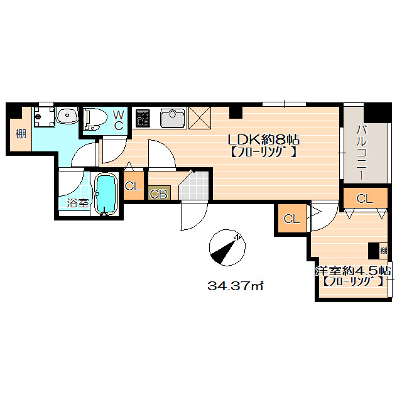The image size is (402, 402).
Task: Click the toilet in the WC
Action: tap(96, 120)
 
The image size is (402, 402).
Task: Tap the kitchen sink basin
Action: tap(173, 118)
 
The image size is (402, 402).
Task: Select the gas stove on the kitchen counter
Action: tap(143, 118)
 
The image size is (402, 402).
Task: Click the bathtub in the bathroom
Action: tap(106, 194)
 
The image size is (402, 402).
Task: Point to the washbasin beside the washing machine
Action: tap(67, 116)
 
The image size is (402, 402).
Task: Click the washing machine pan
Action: tap(45, 117)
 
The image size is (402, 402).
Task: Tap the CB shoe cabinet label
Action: tap(159, 194)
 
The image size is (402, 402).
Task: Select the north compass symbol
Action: tap(227, 247)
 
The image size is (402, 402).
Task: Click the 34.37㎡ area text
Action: tap(236, 285)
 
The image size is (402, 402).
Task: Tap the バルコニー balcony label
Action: tap(361, 152)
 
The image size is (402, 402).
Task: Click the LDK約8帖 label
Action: tap(264, 140)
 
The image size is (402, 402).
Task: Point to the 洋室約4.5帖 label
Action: tap(353, 270)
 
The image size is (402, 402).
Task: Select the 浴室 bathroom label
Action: tap(78, 203)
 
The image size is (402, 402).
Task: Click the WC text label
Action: tap(119, 120)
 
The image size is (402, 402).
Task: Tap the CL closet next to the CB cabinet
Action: tap(133, 186)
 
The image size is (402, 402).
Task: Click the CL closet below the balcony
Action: tap(364, 198)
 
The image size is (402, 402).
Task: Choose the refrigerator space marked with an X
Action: tap(200, 117)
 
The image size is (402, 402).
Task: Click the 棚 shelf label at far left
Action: tap(21, 134)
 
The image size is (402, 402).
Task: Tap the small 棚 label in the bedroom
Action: tap(383, 250)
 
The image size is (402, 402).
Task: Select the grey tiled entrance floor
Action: tap(194, 185)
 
